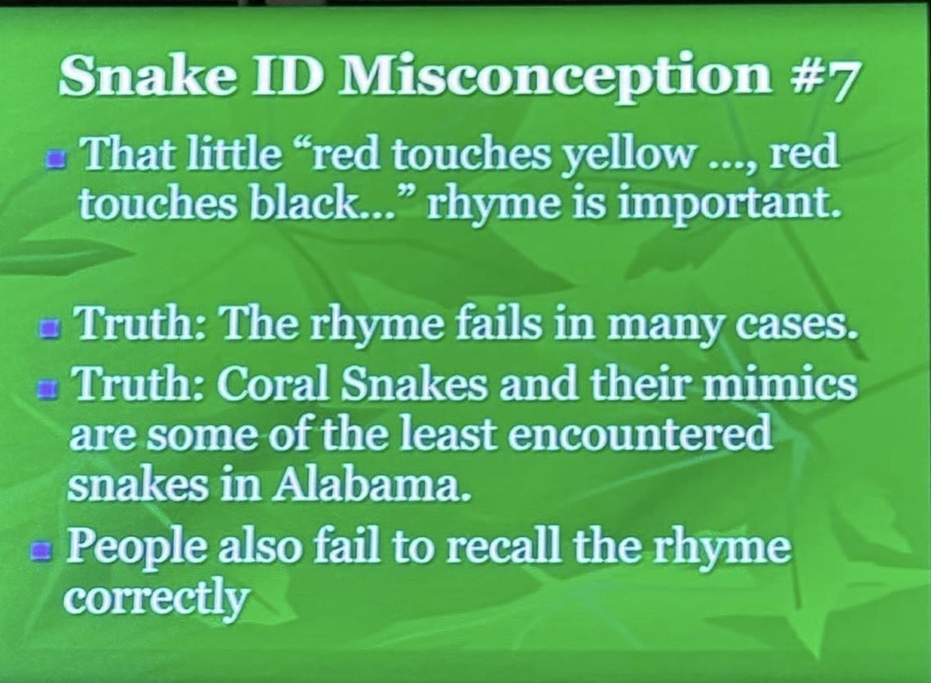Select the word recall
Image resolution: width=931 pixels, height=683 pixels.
[x=504, y=546]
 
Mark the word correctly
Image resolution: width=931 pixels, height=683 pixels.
[x=156, y=597]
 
